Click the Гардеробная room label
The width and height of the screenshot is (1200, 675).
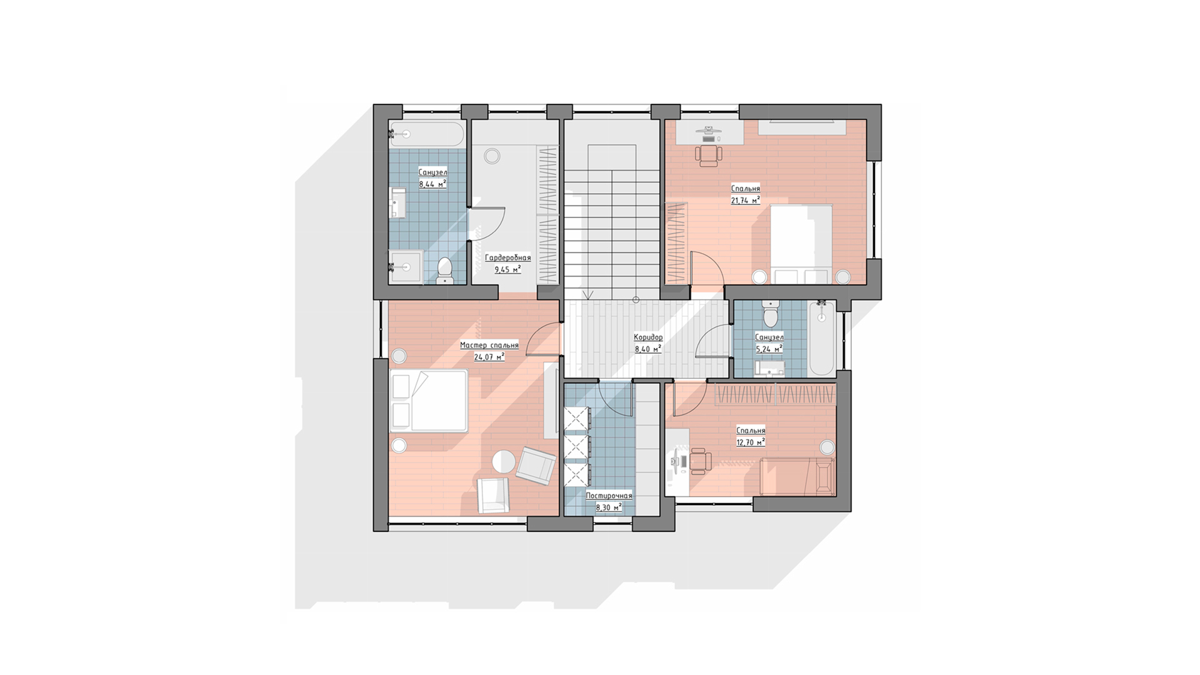tap(507, 257)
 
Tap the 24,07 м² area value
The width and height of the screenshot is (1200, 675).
tap(489, 357)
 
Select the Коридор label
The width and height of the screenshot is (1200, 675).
tap(648, 337)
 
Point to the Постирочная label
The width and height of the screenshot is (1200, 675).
tap(609, 496)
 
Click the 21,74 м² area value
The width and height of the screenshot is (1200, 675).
tap(746, 200)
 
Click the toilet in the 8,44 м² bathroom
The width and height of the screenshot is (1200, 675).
tap(445, 270)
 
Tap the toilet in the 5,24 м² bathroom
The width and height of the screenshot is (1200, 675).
tap(771, 314)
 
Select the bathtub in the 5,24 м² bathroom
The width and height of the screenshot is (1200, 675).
tap(822, 338)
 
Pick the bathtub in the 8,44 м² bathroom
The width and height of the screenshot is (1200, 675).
tap(427, 134)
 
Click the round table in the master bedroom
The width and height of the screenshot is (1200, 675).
tap(504, 462)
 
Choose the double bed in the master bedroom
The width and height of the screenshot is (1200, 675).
tap(429, 401)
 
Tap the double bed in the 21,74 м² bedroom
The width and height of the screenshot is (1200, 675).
tap(801, 244)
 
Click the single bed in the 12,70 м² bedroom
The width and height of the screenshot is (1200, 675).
tap(798, 476)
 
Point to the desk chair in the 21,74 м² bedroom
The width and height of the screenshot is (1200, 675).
tap(709, 155)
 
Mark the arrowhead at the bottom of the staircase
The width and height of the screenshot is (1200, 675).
tap(587, 295)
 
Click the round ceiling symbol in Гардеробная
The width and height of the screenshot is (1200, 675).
tap(492, 156)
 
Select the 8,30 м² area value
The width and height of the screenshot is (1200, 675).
tap(609, 507)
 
